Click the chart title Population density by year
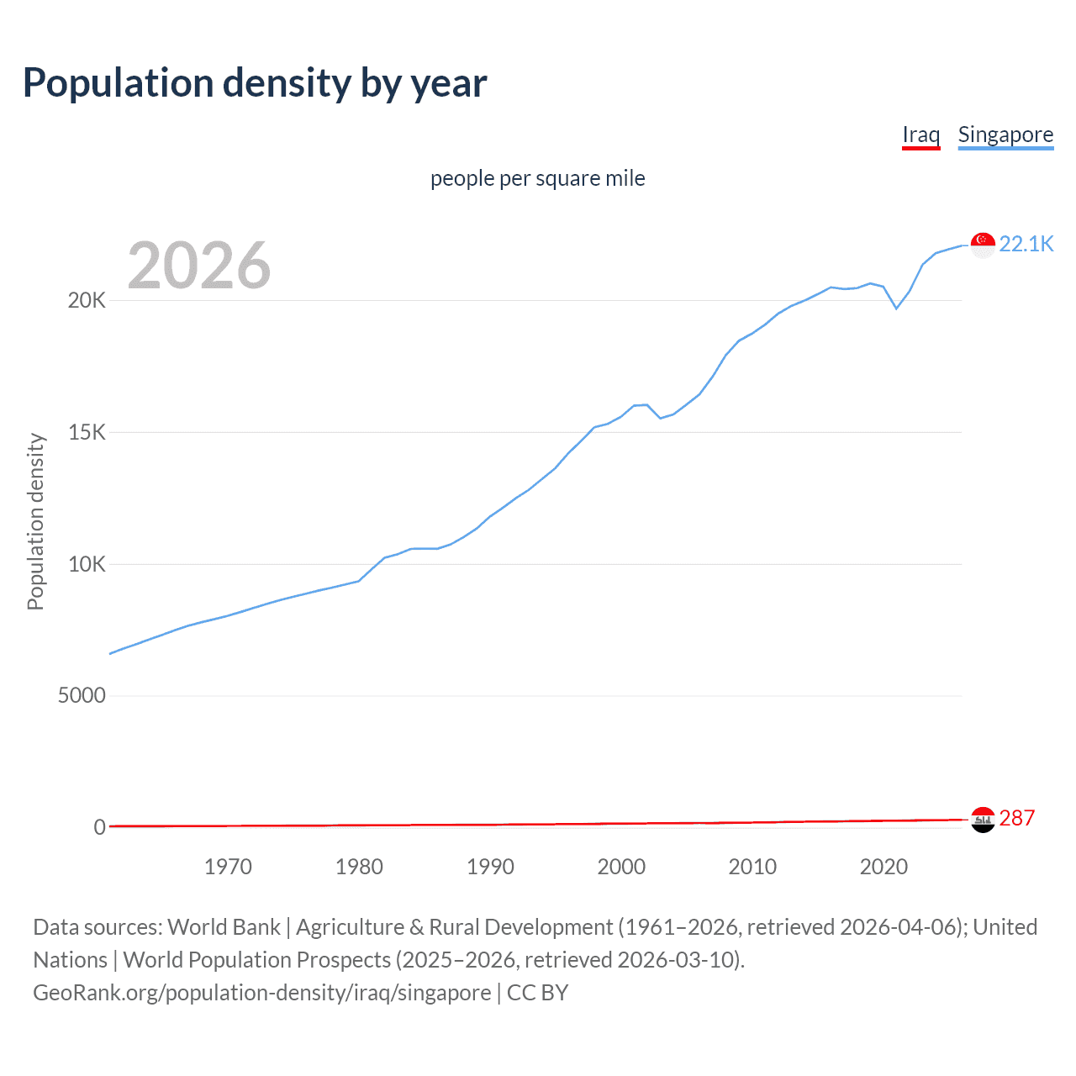tap(255, 83)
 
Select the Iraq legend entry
tap(920, 134)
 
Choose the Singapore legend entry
tap(1005, 134)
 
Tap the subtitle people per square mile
tap(538, 178)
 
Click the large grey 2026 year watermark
tap(199, 266)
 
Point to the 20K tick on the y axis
tap(87, 300)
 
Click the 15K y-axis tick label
tap(87, 432)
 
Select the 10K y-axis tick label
tap(87, 564)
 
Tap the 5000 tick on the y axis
tap(82, 695)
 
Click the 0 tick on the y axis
tap(99, 827)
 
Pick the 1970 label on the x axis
tap(228, 867)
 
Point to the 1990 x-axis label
tap(490, 867)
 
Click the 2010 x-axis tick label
tap(752, 867)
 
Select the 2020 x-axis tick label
tap(883, 867)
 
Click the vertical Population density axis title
tap(35, 521)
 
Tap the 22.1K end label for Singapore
tap(1026, 244)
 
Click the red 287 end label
tap(1016, 818)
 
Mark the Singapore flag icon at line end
tap(983, 245)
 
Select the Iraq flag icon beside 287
tap(983, 819)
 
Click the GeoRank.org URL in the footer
tap(261, 993)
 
